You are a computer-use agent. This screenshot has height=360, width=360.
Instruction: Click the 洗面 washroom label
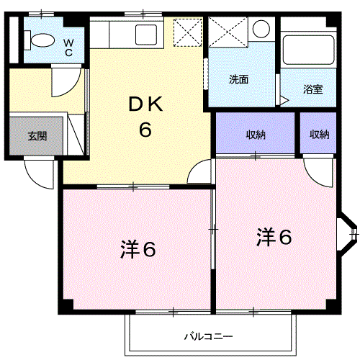pos(239,80)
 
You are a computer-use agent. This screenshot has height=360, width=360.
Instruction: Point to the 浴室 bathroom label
pos(312,89)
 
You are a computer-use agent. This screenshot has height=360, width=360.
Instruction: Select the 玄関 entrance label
pos(37,135)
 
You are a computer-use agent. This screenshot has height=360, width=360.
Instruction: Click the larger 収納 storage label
pos(256,134)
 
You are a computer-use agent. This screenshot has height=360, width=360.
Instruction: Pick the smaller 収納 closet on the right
pos(320,134)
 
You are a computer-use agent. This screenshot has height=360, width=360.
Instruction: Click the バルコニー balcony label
pos(208,336)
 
